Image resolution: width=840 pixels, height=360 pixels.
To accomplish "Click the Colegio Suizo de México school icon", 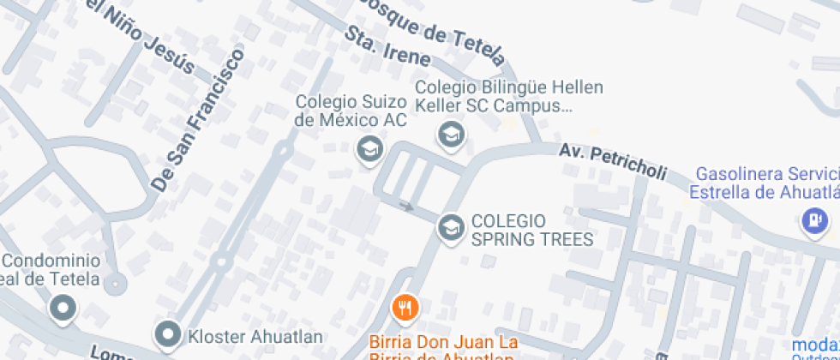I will (369, 147).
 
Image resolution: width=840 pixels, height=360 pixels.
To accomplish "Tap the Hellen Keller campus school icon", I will (450, 134).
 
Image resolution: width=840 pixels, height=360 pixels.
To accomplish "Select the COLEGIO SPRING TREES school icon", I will (450, 227).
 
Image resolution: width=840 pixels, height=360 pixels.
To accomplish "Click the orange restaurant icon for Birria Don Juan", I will (405, 307).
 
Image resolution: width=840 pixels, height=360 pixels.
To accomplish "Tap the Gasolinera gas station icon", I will (813, 221).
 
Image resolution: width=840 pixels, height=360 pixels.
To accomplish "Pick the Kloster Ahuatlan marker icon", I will (168, 333).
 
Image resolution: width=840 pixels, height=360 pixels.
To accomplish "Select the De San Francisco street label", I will (197, 120).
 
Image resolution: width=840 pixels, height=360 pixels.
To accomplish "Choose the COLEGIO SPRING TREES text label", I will (531, 229).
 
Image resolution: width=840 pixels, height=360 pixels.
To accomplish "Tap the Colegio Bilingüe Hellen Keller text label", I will (509, 97).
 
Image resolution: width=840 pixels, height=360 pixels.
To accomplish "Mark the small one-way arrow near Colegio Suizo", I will (406, 206).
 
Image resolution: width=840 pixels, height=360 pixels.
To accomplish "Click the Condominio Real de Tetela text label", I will (51, 270).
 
